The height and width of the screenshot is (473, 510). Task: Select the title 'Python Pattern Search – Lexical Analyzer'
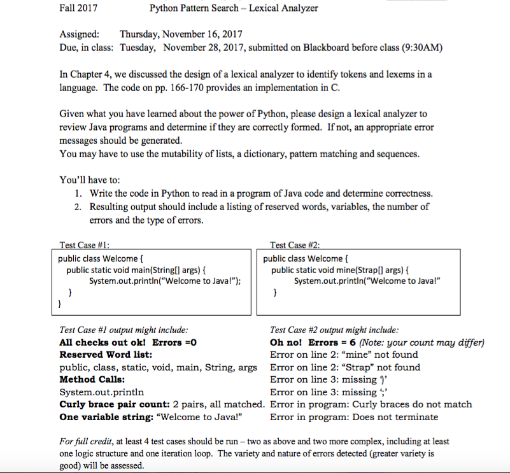pos(233,8)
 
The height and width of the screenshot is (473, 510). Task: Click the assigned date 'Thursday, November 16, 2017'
pos(181,34)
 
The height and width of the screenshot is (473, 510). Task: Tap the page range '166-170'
pos(176,88)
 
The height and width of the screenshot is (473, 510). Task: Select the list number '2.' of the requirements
pos(77,206)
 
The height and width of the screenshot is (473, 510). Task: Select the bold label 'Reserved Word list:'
pos(105,355)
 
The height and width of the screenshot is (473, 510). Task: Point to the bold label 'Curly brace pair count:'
pos(115,404)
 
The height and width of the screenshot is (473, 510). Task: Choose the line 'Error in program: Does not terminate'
pos(354,417)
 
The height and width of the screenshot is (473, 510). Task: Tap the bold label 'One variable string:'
pos(106,417)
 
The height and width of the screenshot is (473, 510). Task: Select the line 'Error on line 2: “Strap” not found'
pos(345,367)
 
